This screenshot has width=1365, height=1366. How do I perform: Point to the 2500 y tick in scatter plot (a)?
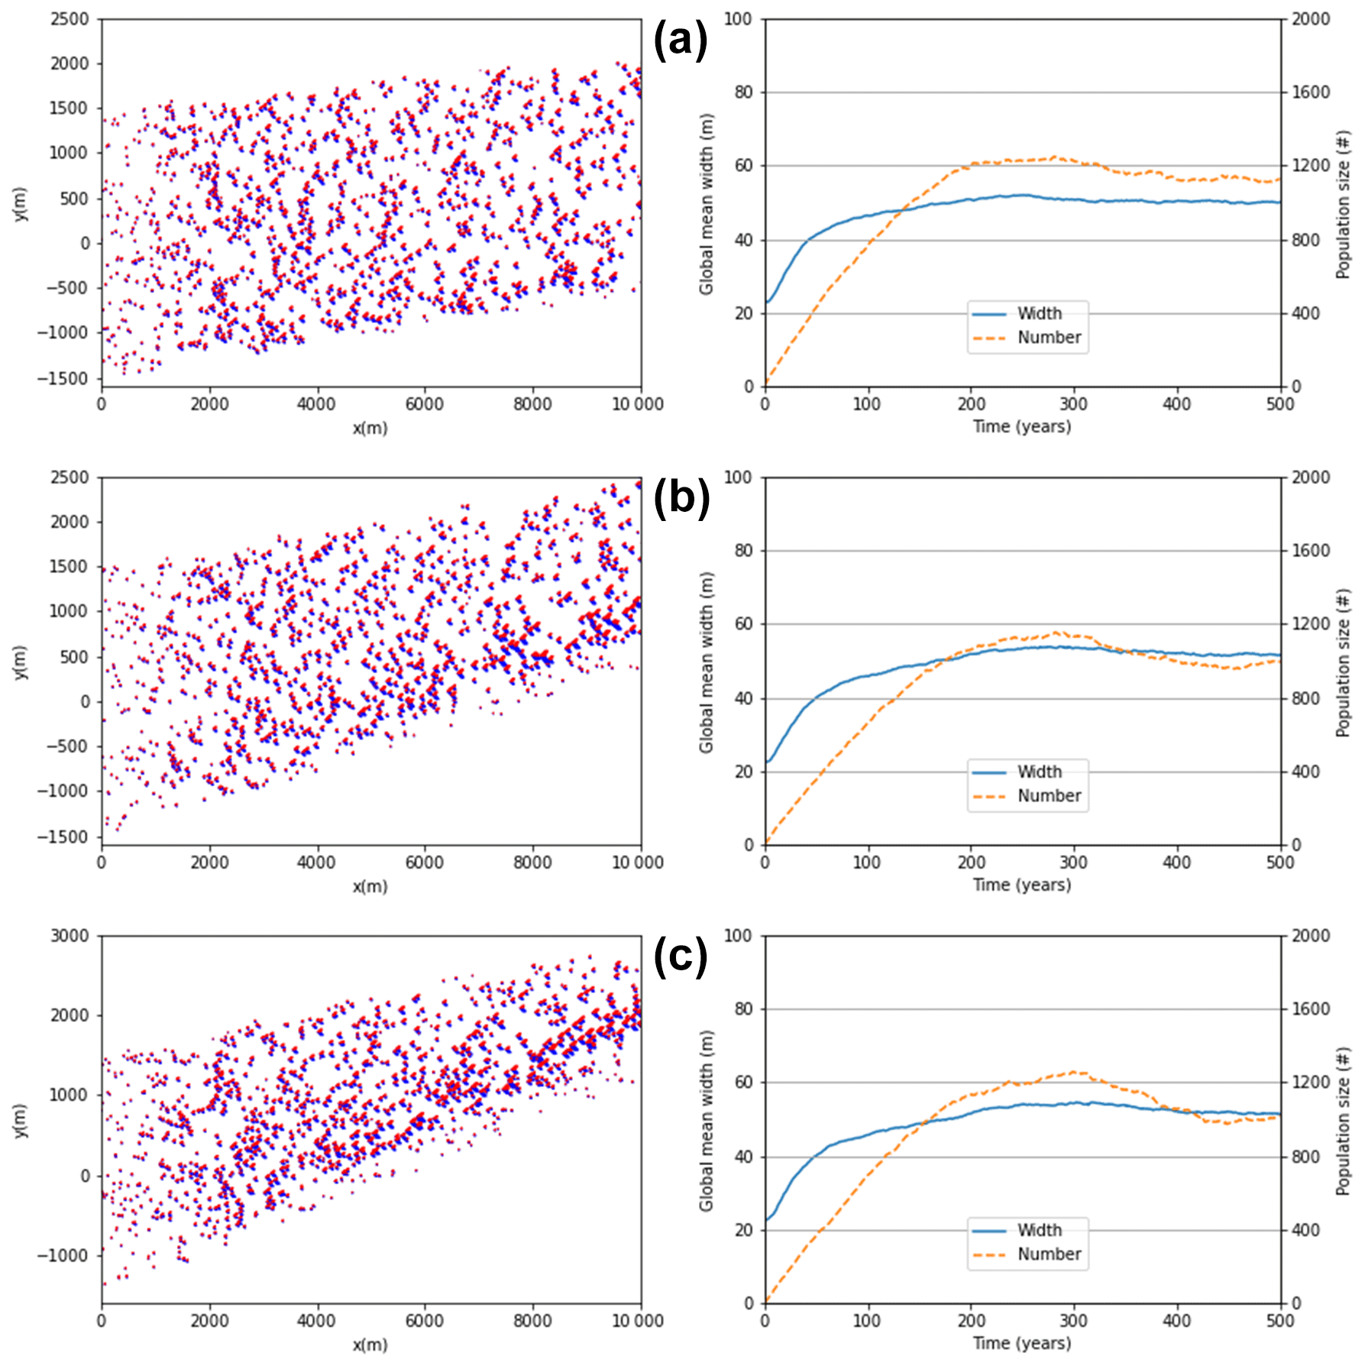coord(70,19)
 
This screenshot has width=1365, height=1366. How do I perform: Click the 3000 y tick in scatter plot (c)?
coord(70,936)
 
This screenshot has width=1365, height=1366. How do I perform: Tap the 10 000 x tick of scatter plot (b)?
coord(637,863)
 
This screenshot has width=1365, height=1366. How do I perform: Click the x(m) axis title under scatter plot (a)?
coord(370,429)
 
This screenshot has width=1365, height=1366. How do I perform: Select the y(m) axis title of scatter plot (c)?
coord(20,1121)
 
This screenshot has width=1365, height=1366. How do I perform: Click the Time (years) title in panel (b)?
coord(1022,885)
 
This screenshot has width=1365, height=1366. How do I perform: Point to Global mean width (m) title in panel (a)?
coord(706,204)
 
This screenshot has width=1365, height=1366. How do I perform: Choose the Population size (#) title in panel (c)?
coord(1344,1121)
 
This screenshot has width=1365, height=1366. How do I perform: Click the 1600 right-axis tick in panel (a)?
coord(1311,92)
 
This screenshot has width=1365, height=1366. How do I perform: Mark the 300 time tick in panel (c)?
coord(1073,1321)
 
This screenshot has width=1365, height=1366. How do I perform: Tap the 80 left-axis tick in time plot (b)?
coord(743,551)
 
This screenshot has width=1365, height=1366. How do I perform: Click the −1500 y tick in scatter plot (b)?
coord(63,837)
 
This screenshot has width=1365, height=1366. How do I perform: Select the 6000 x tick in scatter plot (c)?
coord(424,1321)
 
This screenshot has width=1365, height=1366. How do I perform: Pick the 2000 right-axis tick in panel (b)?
coord(1311,477)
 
